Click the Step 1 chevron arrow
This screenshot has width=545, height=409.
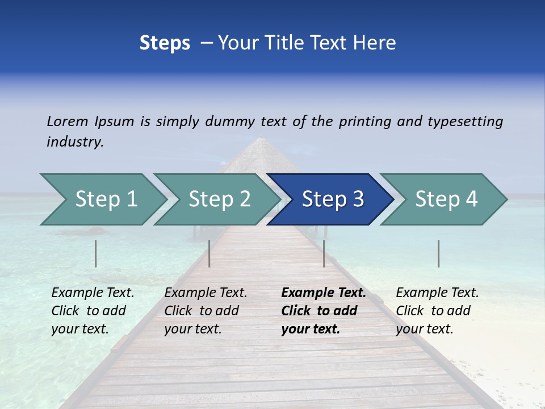pyautogui.click(x=102, y=199)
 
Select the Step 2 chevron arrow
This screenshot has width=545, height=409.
pyautogui.click(x=216, y=199)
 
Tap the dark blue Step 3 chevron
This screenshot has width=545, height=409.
pyautogui.click(x=329, y=199)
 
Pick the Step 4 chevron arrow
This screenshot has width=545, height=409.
pyautogui.click(x=443, y=199)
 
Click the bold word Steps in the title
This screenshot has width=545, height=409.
pyautogui.click(x=165, y=43)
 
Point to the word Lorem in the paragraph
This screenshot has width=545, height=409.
pyautogui.click(x=67, y=122)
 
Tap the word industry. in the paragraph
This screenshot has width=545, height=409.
pyautogui.click(x=75, y=142)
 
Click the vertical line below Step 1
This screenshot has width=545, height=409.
pyautogui.click(x=96, y=253)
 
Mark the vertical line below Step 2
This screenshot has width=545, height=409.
pyautogui.click(x=209, y=253)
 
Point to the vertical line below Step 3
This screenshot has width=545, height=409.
pyautogui.click(x=324, y=253)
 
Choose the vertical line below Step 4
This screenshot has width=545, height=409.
pyautogui.click(x=439, y=253)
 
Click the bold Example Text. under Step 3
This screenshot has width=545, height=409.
pyautogui.click(x=324, y=293)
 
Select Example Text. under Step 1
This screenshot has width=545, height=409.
pyautogui.click(x=93, y=293)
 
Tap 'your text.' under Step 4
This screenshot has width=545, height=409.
pyautogui.click(x=424, y=329)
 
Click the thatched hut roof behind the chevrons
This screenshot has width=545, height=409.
pyautogui.click(x=261, y=156)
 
